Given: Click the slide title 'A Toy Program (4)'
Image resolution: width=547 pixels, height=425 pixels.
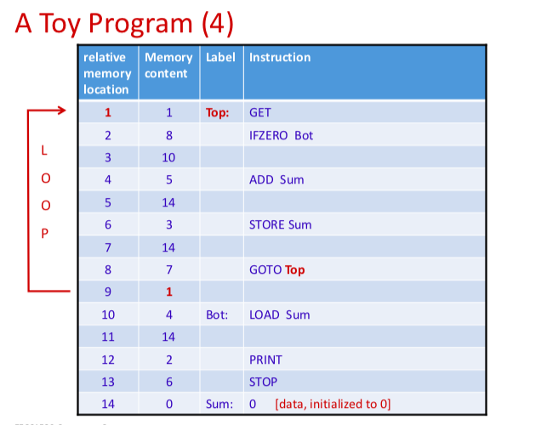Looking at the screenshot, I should tap(124, 23).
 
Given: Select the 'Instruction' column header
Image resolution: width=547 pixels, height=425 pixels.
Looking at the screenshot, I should tap(280, 58).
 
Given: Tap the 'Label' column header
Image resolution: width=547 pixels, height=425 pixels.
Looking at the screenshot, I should tap(220, 58).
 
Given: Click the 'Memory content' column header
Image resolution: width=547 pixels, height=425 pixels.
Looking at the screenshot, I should tap(168, 65).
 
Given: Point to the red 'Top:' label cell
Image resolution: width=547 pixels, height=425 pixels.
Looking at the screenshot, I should tap(218, 112).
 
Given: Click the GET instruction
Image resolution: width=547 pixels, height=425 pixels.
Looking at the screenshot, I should tap(259, 112).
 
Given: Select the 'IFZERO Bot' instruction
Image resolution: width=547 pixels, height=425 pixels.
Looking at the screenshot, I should tap(281, 135).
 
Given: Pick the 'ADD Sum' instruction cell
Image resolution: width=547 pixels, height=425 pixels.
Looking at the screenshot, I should tap(276, 180).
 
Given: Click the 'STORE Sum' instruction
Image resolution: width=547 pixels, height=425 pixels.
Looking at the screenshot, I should tap(280, 225).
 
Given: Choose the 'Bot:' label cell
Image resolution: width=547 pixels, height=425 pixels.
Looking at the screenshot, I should tap(217, 314).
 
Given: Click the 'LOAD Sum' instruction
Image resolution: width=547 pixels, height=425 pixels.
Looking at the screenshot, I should tap(279, 314).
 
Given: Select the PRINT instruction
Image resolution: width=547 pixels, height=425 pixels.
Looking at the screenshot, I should tap(265, 360).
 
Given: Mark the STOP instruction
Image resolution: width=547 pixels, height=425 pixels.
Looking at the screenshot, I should tap(263, 382).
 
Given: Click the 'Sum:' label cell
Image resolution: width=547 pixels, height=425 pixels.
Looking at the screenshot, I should tap(219, 404).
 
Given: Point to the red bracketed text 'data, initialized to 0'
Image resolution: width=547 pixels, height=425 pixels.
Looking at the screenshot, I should tap(333, 404).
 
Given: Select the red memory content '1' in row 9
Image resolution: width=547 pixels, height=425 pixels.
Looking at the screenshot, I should tap(168, 292).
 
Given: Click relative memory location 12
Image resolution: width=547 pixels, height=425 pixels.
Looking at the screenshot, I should tap(108, 360).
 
